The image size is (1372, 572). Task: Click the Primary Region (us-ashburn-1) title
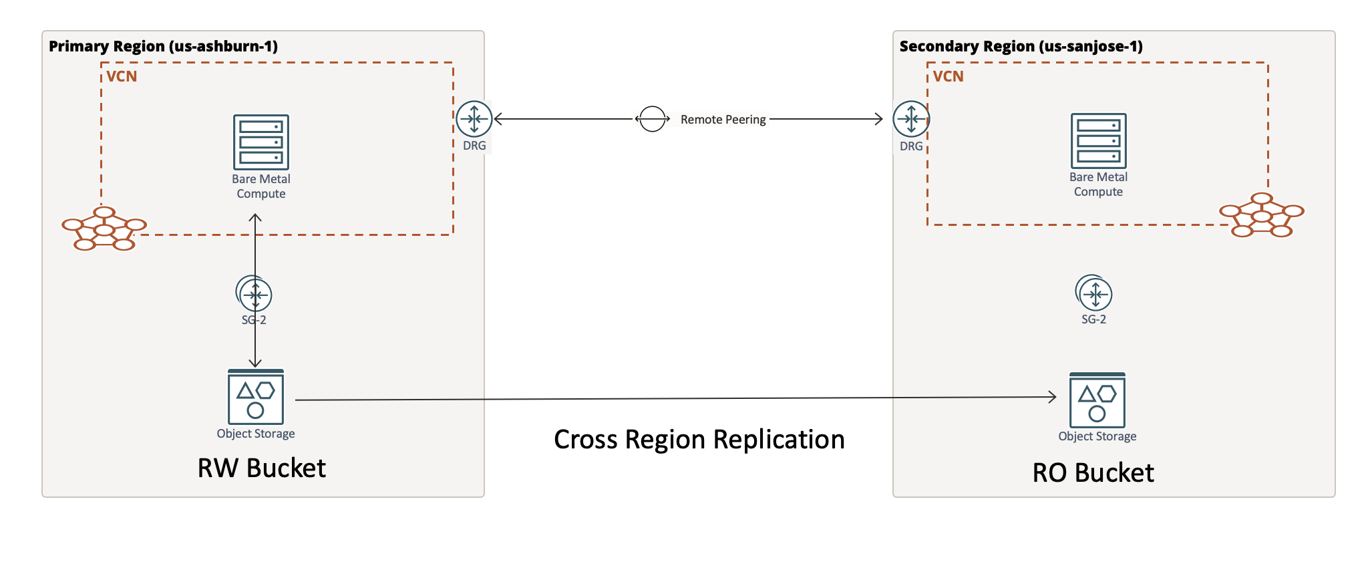(x=163, y=46)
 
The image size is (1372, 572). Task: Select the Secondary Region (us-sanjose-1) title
(x=1021, y=46)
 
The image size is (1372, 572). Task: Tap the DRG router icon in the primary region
(x=474, y=120)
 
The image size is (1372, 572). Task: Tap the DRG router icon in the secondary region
(x=911, y=120)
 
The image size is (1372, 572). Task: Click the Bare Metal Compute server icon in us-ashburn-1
(x=261, y=142)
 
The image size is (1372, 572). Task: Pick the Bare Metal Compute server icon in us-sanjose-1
(x=1098, y=140)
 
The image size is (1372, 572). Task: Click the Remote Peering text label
(x=723, y=120)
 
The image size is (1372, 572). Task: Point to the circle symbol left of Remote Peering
(x=652, y=120)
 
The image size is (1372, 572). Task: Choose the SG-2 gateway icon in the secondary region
(x=1094, y=293)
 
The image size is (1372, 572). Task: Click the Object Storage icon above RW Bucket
(x=256, y=397)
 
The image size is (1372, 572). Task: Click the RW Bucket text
(x=261, y=468)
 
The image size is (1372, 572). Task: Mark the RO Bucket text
(x=1093, y=472)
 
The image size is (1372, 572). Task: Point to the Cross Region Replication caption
(x=699, y=440)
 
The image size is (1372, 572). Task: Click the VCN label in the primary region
(x=122, y=76)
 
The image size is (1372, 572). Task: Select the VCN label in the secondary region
(x=948, y=76)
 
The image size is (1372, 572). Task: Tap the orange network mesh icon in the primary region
(x=104, y=229)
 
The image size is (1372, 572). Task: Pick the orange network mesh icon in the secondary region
(x=1261, y=215)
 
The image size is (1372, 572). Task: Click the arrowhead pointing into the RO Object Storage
(x=1052, y=397)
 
